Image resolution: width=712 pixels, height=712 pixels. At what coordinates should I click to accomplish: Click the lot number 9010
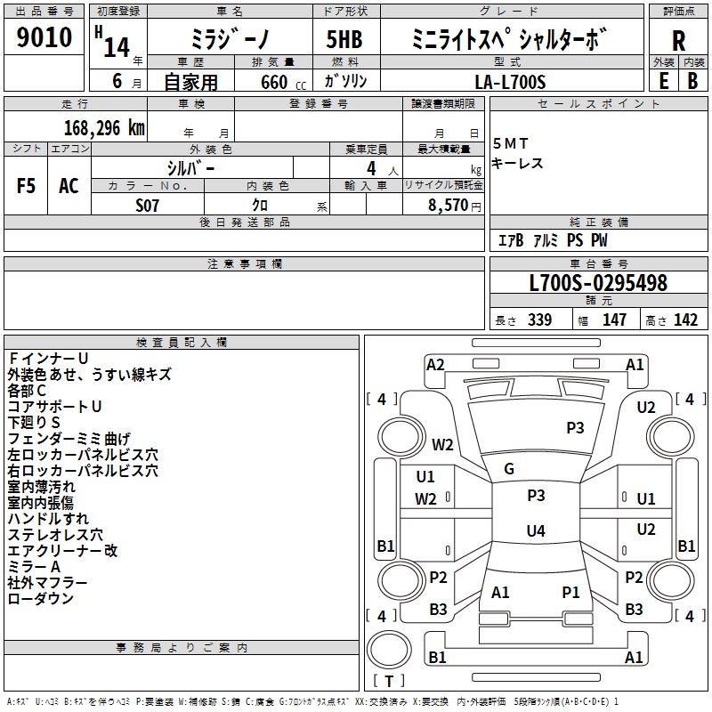click(44, 37)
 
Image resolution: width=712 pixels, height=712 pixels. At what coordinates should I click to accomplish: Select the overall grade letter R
click(678, 40)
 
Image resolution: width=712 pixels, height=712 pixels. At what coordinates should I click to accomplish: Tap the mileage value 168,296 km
click(104, 127)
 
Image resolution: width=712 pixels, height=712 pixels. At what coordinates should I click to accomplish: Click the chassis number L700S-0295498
click(598, 283)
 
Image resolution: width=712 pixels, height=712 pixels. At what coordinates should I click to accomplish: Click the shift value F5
click(26, 186)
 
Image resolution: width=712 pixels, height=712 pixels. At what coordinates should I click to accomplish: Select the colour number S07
click(148, 205)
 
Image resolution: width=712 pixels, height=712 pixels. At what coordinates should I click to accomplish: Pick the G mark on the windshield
click(508, 468)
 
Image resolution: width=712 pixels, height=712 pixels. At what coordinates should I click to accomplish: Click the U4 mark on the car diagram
click(535, 531)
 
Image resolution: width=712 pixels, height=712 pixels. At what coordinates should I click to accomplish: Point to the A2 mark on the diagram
click(435, 364)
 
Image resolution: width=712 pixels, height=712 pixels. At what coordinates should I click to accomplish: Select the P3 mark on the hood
click(575, 428)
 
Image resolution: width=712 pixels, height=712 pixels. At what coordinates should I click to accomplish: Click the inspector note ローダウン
click(40, 599)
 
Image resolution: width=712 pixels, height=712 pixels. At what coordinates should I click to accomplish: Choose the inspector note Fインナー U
click(48, 359)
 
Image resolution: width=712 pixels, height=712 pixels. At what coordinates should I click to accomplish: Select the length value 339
click(538, 320)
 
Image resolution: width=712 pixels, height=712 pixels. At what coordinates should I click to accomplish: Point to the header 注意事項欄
click(245, 264)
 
